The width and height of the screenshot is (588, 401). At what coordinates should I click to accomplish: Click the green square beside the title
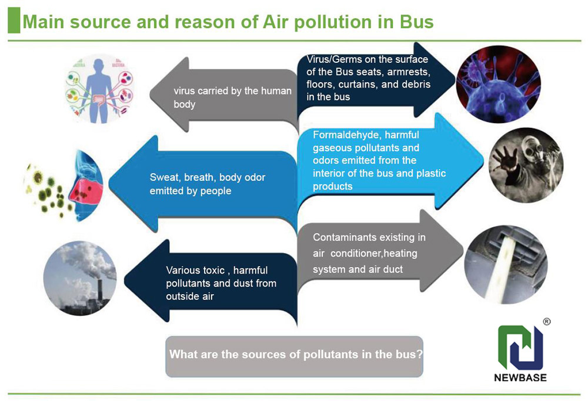point(14,20)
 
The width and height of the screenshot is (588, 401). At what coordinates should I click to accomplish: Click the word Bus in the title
point(417,22)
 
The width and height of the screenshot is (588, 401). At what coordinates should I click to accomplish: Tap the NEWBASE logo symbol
point(520,348)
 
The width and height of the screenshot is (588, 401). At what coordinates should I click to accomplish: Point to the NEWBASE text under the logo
point(520,378)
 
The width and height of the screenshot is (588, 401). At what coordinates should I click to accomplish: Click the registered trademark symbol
point(547,322)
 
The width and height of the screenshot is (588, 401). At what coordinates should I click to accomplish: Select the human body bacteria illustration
point(99,89)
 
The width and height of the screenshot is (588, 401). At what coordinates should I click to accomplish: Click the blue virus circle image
point(498,84)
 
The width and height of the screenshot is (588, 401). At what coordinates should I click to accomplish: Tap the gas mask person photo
point(526,165)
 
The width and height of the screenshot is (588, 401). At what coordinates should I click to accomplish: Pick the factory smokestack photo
point(80,278)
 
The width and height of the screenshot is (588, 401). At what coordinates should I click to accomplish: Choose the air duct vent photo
point(506,264)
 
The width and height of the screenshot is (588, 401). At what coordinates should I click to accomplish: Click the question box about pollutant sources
point(295,356)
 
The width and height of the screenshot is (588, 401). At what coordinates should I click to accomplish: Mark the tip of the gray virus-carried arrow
point(150,95)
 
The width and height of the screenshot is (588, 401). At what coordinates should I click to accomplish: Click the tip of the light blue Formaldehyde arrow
point(483,161)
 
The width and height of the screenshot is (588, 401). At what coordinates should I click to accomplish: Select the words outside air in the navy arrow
point(190,296)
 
